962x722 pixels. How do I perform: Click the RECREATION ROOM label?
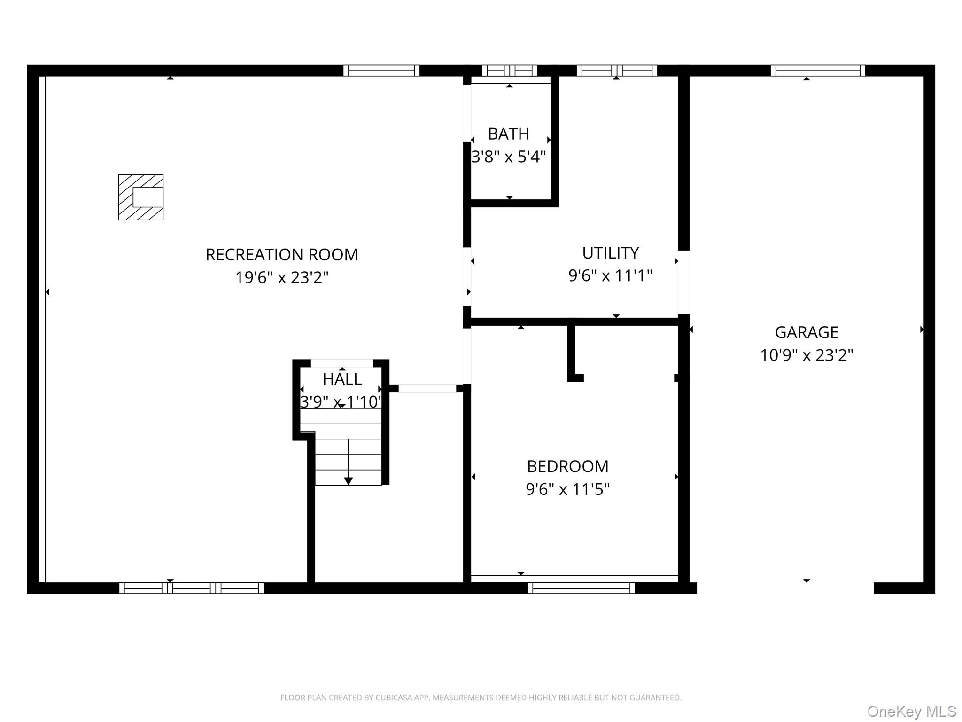pos(282,255)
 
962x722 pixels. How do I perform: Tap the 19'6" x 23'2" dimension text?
pos(282,277)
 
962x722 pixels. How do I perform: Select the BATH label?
pos(508,134)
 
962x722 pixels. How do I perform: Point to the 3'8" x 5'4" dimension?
pos(508,157)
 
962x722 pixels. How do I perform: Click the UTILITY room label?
pos(610,253)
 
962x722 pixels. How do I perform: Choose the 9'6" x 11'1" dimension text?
pos(610,275)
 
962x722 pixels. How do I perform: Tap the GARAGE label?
pos(806,332)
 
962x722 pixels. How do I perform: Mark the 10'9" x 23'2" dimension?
pos(806,355)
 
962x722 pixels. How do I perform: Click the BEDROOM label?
pos(567,466)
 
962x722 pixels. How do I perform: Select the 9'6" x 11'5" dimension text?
pos(567,489)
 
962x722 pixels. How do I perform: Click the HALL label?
pos(342,379)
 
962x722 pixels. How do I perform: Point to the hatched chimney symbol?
pos(140,197)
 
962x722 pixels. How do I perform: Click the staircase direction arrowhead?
pos(348,481)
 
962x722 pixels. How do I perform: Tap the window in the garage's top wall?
pos(818,71)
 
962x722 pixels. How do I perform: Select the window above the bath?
pos(509,71)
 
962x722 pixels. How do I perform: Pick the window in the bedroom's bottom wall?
pos(581,588)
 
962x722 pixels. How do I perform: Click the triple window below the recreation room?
pos(191,588)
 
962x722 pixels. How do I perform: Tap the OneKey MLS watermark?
pos(911,712)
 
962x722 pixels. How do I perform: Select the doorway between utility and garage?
pos(683,282)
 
